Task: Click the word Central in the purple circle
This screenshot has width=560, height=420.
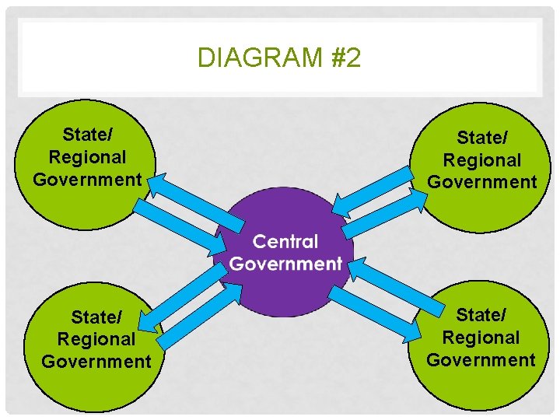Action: tap(285, 242)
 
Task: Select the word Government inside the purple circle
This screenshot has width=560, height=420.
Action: tap(285, 264)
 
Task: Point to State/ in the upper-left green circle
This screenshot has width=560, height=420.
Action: tap(87, 134)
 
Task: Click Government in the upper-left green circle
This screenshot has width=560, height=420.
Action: tap(87, 180)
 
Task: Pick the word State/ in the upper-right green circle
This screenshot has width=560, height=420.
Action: tap(482, 138)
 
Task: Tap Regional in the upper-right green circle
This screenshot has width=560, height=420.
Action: tap(482, 160)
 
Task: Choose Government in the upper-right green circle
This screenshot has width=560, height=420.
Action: tap(482, 182)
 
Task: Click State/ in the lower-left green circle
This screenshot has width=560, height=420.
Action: tap(96, 317)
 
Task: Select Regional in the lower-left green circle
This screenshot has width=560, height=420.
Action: tap(96, 339)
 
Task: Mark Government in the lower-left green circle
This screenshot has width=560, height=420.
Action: tap(96, 362)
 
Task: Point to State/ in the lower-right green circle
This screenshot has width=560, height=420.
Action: tap(481, 315)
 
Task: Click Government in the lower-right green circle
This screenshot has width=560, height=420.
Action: tap(481, 359)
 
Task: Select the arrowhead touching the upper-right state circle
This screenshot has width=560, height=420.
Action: tap(420, 199)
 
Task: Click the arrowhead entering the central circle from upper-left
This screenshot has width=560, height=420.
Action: tap(219, 247)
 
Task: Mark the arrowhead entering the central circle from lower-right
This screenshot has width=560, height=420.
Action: tap(355, 268)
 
